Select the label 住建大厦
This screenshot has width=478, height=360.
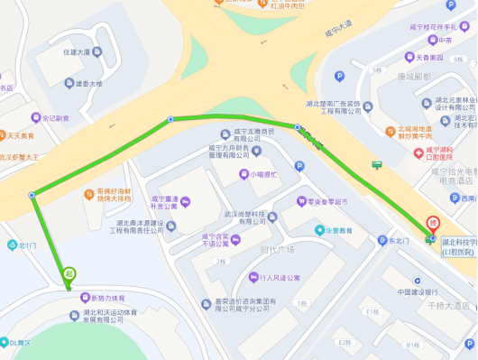[x=78, y=51]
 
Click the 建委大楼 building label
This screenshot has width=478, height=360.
[x=88, y=84]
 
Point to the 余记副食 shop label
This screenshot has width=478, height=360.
[x=56, y=117]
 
